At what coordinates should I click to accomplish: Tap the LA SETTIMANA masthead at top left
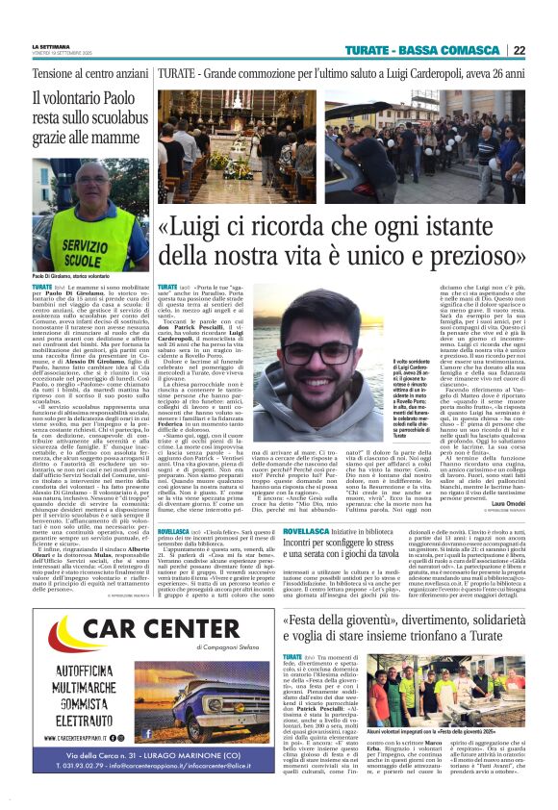coord(49,46)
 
